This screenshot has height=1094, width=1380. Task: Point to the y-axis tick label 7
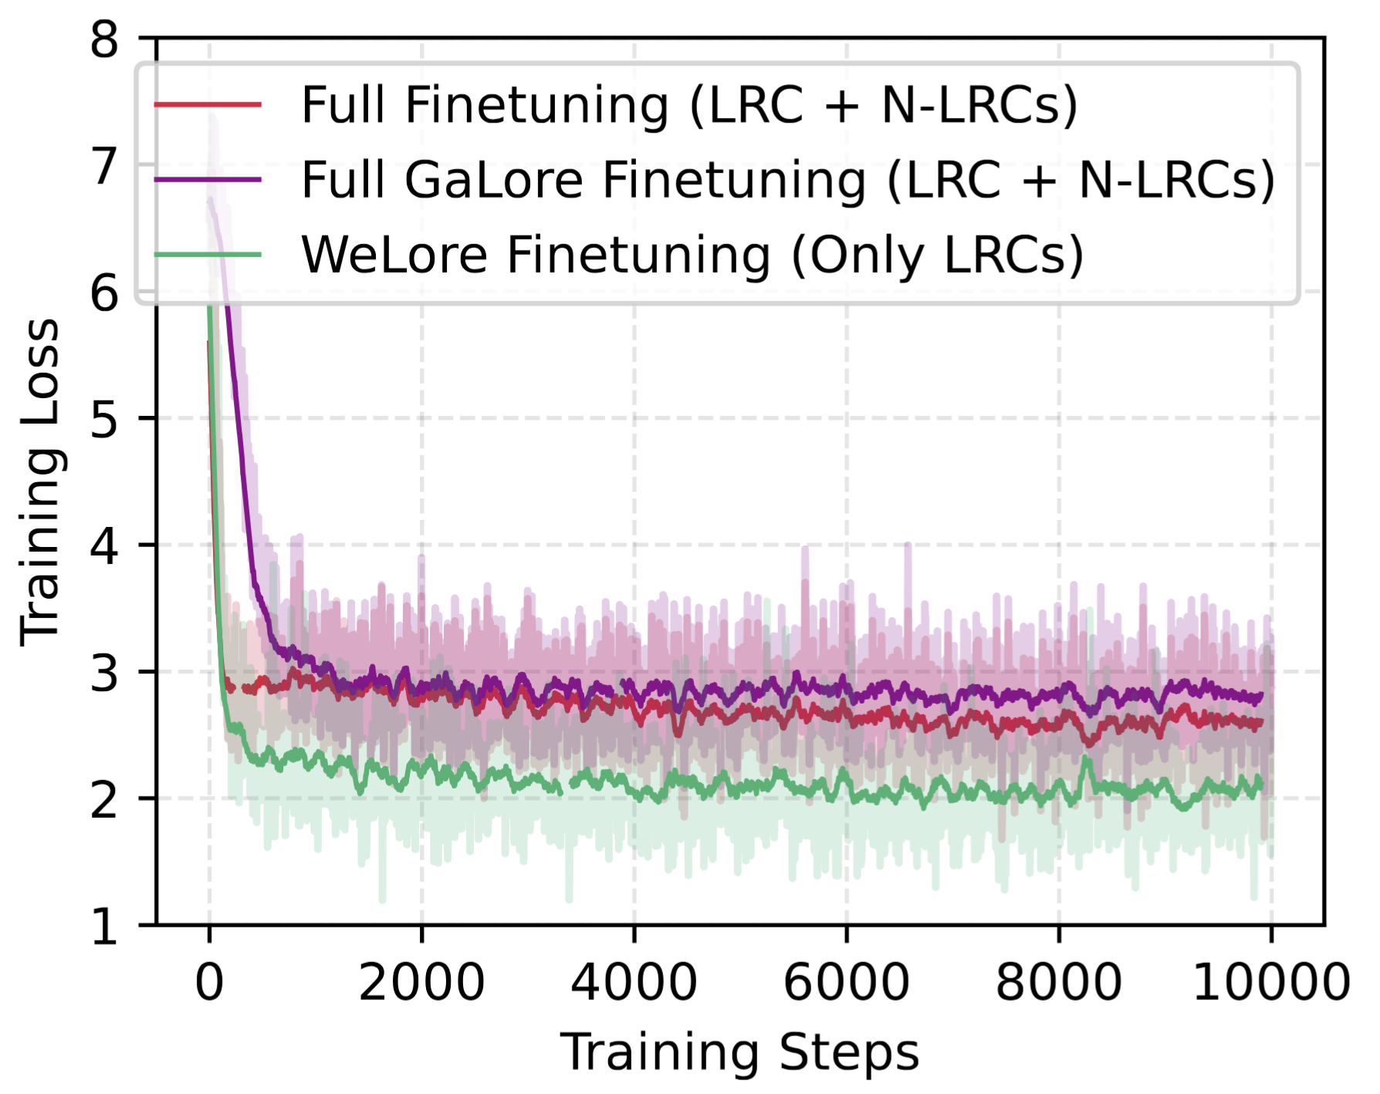(104, 167)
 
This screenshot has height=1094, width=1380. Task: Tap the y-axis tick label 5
(104, 420)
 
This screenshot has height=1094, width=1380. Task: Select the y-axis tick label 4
(104, 546)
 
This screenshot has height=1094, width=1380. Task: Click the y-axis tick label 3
(104, 673)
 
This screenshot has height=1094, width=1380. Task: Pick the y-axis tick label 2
(104, 800)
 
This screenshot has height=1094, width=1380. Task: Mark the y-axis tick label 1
(104, 927)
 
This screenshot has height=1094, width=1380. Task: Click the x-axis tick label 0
(209, 983)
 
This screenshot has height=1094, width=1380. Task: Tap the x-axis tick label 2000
(421, 983)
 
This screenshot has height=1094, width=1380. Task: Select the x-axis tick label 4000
(634, 983)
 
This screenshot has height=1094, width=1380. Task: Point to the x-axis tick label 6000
(846, 983)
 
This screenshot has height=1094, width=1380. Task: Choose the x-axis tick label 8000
(1058, 983)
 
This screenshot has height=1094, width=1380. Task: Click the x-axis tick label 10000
(1271, 983)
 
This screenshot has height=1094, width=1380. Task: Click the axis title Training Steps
(739, 1052)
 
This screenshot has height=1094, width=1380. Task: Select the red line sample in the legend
(208, 104)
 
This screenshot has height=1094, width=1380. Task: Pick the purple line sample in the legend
(208, 179)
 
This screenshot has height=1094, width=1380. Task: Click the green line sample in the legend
(208, 254)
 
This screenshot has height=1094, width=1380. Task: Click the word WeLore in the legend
(394, 255)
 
